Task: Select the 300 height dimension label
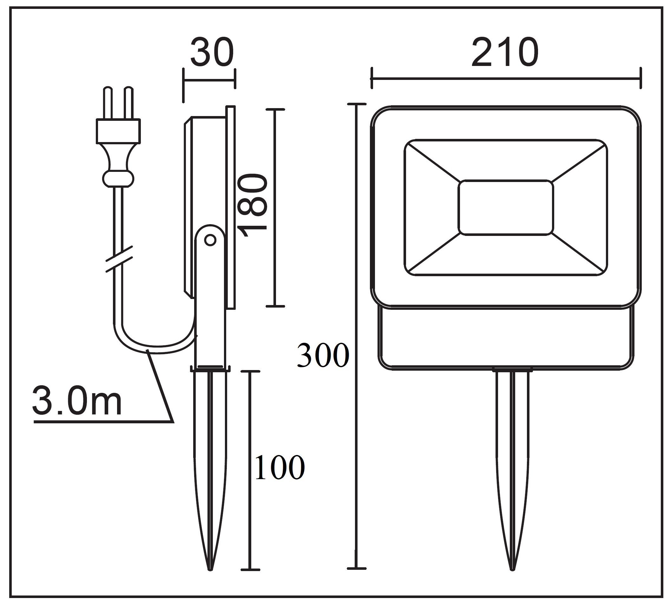(323, 355)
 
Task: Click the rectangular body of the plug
(118, 132)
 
